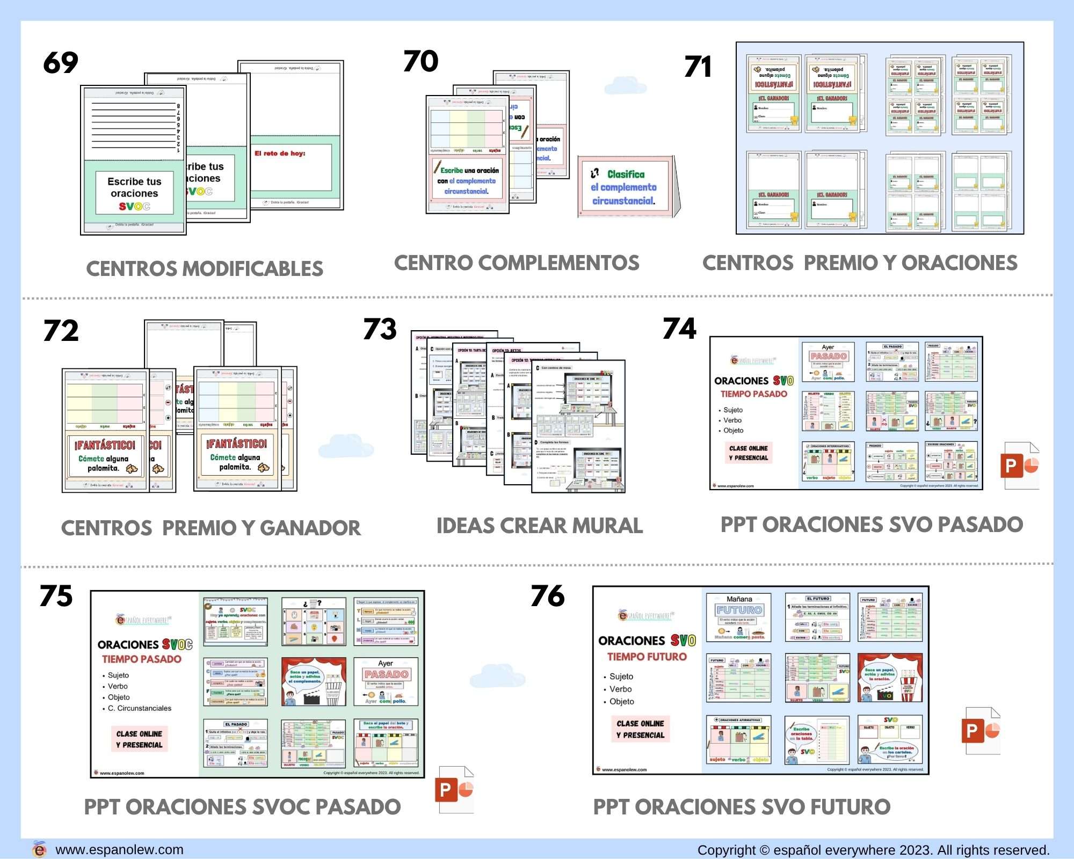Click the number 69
point(61,63)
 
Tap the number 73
point(380,329)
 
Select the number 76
point(547,596)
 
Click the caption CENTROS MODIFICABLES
point(205,269)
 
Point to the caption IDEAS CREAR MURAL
point(539,526)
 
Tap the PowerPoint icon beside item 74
point(1020,465)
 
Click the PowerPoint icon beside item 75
point(454,790)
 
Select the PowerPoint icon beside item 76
point(981,731)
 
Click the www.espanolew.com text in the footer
point(119,850)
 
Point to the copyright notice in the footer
point(873,850)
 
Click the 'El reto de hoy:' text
point(280,154)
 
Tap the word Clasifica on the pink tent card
point(626,174)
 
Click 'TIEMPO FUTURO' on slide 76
point(647,657)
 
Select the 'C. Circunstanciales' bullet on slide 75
point(139,708)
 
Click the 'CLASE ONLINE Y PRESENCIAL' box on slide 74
point(749,453)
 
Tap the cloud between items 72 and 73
point(345,446)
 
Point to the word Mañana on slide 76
point(739,599)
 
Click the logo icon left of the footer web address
point(39,849)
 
